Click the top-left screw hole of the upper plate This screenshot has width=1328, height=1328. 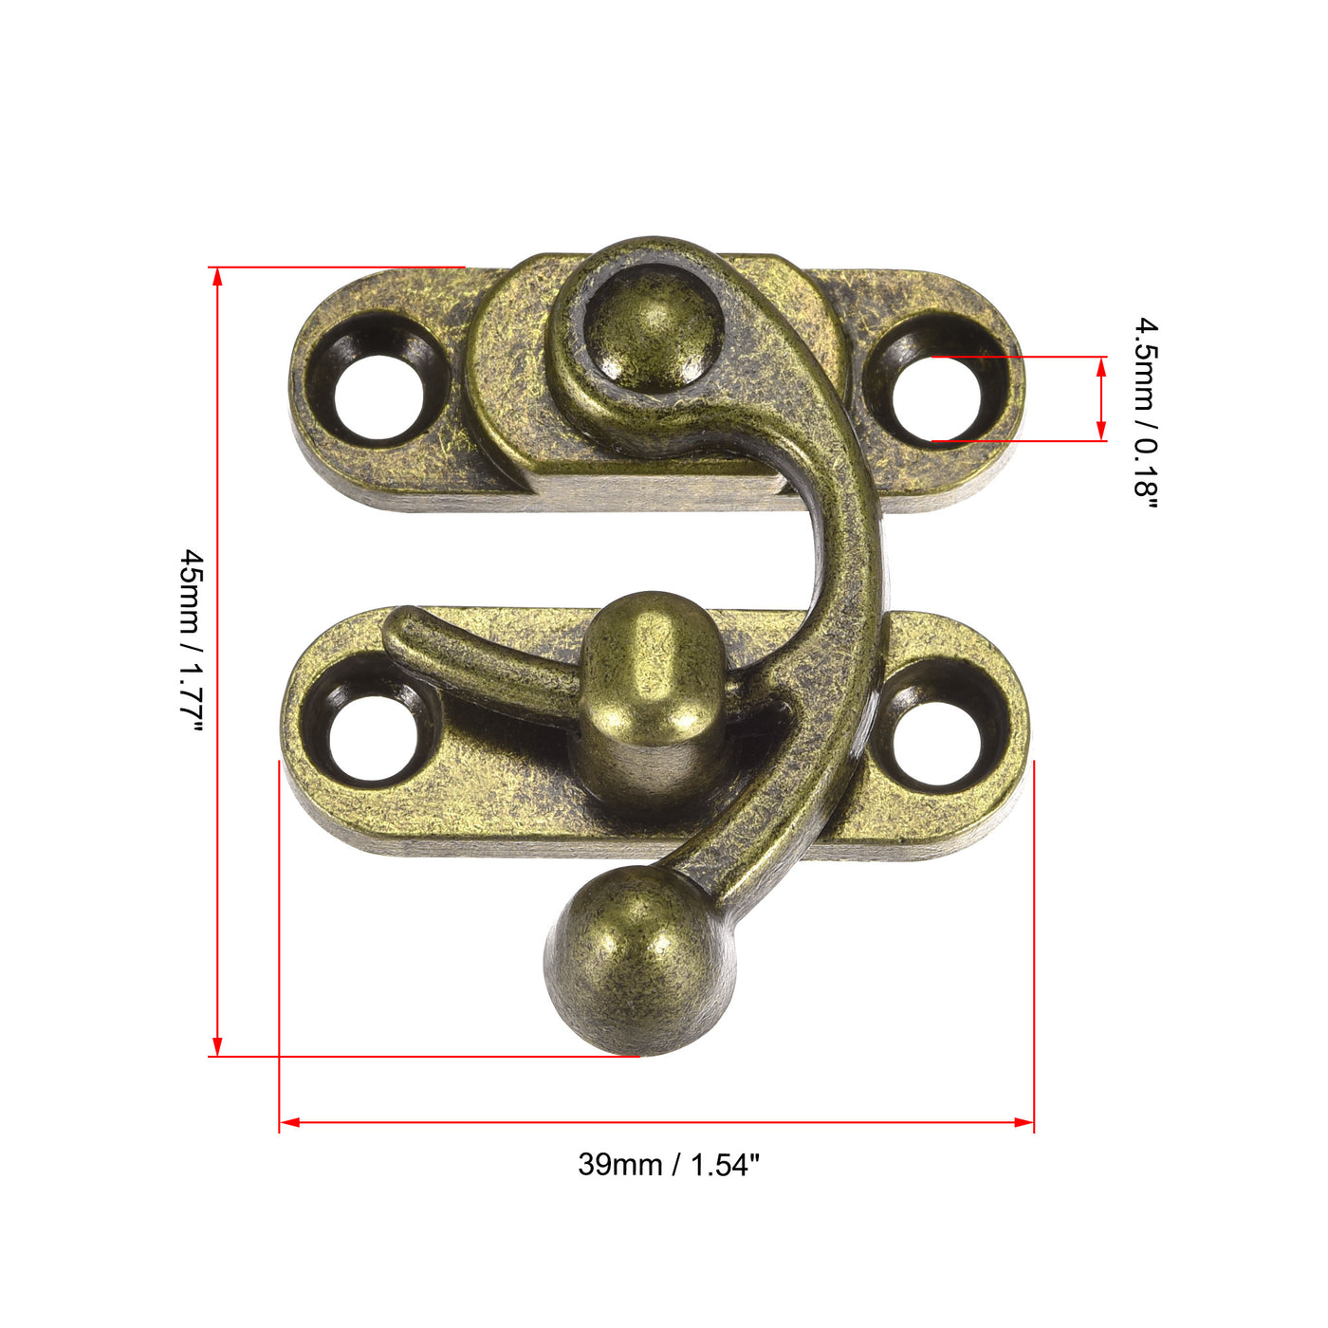(x=378, y=397)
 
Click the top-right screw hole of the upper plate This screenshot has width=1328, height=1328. (x=935, y=398)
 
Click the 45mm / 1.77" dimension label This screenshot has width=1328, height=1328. (x=192, y=640)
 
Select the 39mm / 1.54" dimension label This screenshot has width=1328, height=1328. (x=669, y=1164)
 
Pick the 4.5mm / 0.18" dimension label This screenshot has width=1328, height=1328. (x=1146, y=413)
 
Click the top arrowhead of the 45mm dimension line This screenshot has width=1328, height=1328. (x=217, y=276)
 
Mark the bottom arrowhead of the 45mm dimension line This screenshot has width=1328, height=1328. (x=217, y=1047)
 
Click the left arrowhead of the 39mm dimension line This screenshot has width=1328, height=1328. (x=289, y=1122)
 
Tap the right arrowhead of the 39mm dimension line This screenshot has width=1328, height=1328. (x=1024, y=1122)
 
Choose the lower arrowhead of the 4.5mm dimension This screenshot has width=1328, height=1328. (x=1101, y=433)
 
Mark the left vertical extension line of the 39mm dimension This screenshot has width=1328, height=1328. (x=280, y=949)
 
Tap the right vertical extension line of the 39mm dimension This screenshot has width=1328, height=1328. (x=1034, y=949)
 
